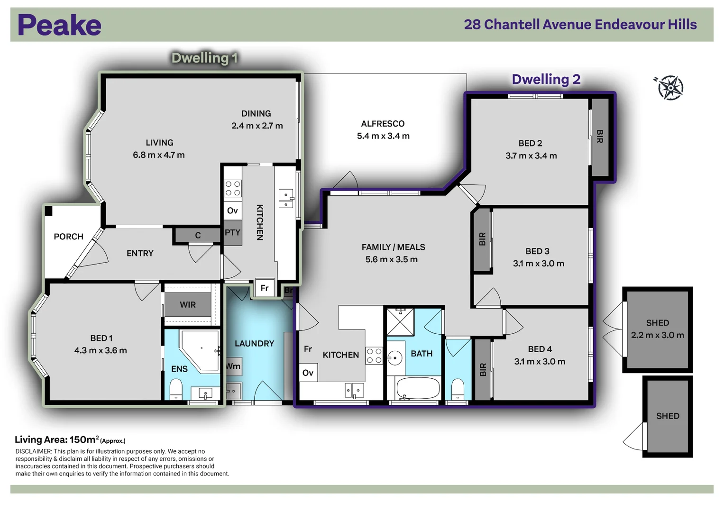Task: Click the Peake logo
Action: click(59, 25)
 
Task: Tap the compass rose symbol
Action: click(669, 88)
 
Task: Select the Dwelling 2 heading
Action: click(546, 80)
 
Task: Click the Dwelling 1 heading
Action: click(205, 58)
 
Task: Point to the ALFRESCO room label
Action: click(383, 124)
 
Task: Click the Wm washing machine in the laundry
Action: click(233, 366)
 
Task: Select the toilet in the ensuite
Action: click(176, 390)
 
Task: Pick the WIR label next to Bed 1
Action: click(188, 305)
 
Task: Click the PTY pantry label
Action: click(232, 232)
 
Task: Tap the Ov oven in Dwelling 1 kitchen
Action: click(232, 211)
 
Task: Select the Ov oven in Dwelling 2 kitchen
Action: click(308, 373)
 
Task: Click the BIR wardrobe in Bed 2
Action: click(600, 137)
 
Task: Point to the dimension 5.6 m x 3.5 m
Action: click(392, 260)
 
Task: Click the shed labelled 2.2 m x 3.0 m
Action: click(658, 329)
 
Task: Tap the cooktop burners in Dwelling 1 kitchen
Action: click(233, 189)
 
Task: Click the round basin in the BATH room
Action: click(394, 358)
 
